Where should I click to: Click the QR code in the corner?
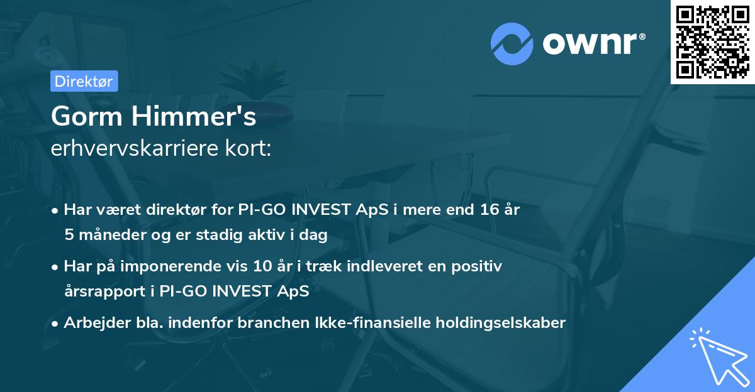[x=713, y=41]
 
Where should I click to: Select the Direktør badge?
[x=84, y=81]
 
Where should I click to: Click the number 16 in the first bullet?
[x=488, y=210]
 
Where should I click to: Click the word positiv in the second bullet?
[x=479, y=266]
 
